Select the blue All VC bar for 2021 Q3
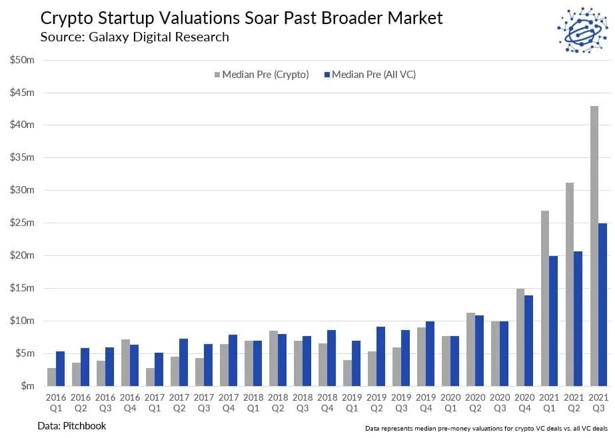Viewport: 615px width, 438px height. pos(602,304)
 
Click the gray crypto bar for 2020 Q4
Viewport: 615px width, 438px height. pos(520,337)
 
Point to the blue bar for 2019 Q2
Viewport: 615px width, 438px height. pos(380,356)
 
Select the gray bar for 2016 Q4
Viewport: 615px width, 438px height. pos(125,363)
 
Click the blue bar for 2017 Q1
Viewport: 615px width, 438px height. pos(159,369)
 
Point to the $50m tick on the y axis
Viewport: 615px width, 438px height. pos(22,60)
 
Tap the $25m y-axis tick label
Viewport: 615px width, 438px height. pos(22,223)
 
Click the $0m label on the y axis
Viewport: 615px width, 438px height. pos(26,386)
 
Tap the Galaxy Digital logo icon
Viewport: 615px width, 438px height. pos(581,31)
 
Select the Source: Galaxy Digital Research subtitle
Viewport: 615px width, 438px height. pos(134,37)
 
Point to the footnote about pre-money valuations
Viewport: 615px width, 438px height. pos(486,427)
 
